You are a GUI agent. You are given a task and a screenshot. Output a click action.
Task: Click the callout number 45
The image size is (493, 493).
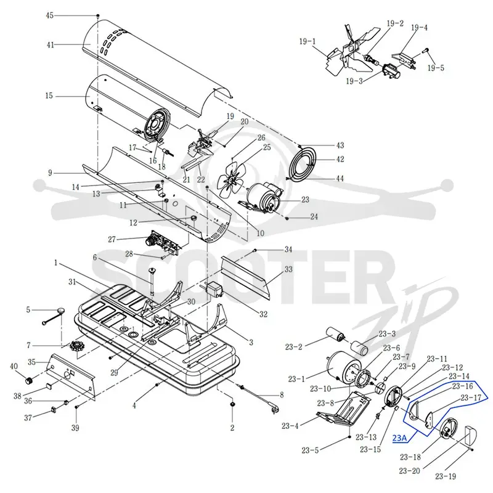pos(50,15)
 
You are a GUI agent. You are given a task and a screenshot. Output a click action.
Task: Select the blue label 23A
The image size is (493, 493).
pos(399,438)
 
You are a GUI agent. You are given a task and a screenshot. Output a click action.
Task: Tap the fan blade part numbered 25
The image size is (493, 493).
pos(232,181)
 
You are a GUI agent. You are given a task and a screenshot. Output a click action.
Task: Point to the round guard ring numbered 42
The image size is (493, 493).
pos(303,164)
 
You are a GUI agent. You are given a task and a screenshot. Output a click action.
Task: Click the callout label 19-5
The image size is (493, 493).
pos(436,68)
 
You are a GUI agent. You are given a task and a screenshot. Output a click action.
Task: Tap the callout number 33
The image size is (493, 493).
pos(288,269)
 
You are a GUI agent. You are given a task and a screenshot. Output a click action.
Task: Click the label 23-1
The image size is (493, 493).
pos(296,379)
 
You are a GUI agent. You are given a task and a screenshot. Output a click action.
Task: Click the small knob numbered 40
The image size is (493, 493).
pos(29,380)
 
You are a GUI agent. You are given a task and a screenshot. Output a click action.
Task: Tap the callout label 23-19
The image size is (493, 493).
pos(446,476)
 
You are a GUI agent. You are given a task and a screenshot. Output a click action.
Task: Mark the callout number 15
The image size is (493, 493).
pos(49,96)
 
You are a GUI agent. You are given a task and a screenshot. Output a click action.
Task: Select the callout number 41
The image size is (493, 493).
pos(51,44)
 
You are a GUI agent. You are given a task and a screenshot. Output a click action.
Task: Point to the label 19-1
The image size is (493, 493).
pos(308,41)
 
